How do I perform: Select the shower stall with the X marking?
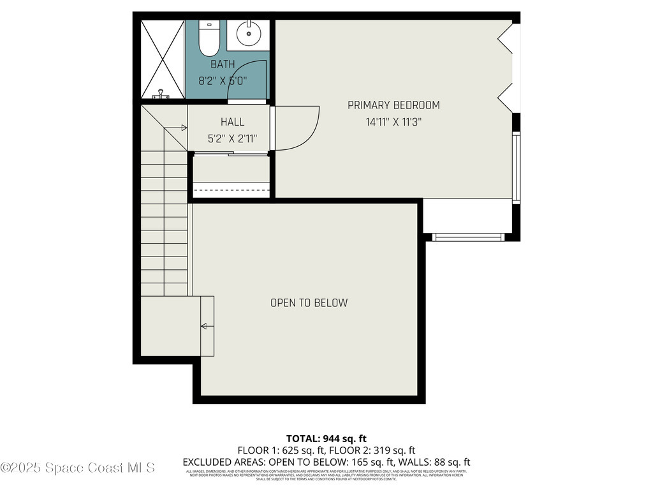(x=162, y=59)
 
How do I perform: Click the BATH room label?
(x=223, y=64)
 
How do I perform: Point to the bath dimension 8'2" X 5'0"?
(x=223, y=81)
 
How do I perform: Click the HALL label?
(x=232, y=122)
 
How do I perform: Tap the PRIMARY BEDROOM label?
(x=393, y=105)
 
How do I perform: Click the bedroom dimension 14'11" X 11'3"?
(x=393, y=122)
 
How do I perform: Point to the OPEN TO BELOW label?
(x=309, y=303)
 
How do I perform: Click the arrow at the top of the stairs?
(x=183, y=128)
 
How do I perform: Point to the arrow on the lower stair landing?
(x=205, y=327)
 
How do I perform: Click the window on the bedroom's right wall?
(x=517, y=167)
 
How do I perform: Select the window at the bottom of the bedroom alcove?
(x=468, y=237)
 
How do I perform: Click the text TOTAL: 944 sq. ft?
(x=326, y=438)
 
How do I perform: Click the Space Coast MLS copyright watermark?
(x=78, y=468)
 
